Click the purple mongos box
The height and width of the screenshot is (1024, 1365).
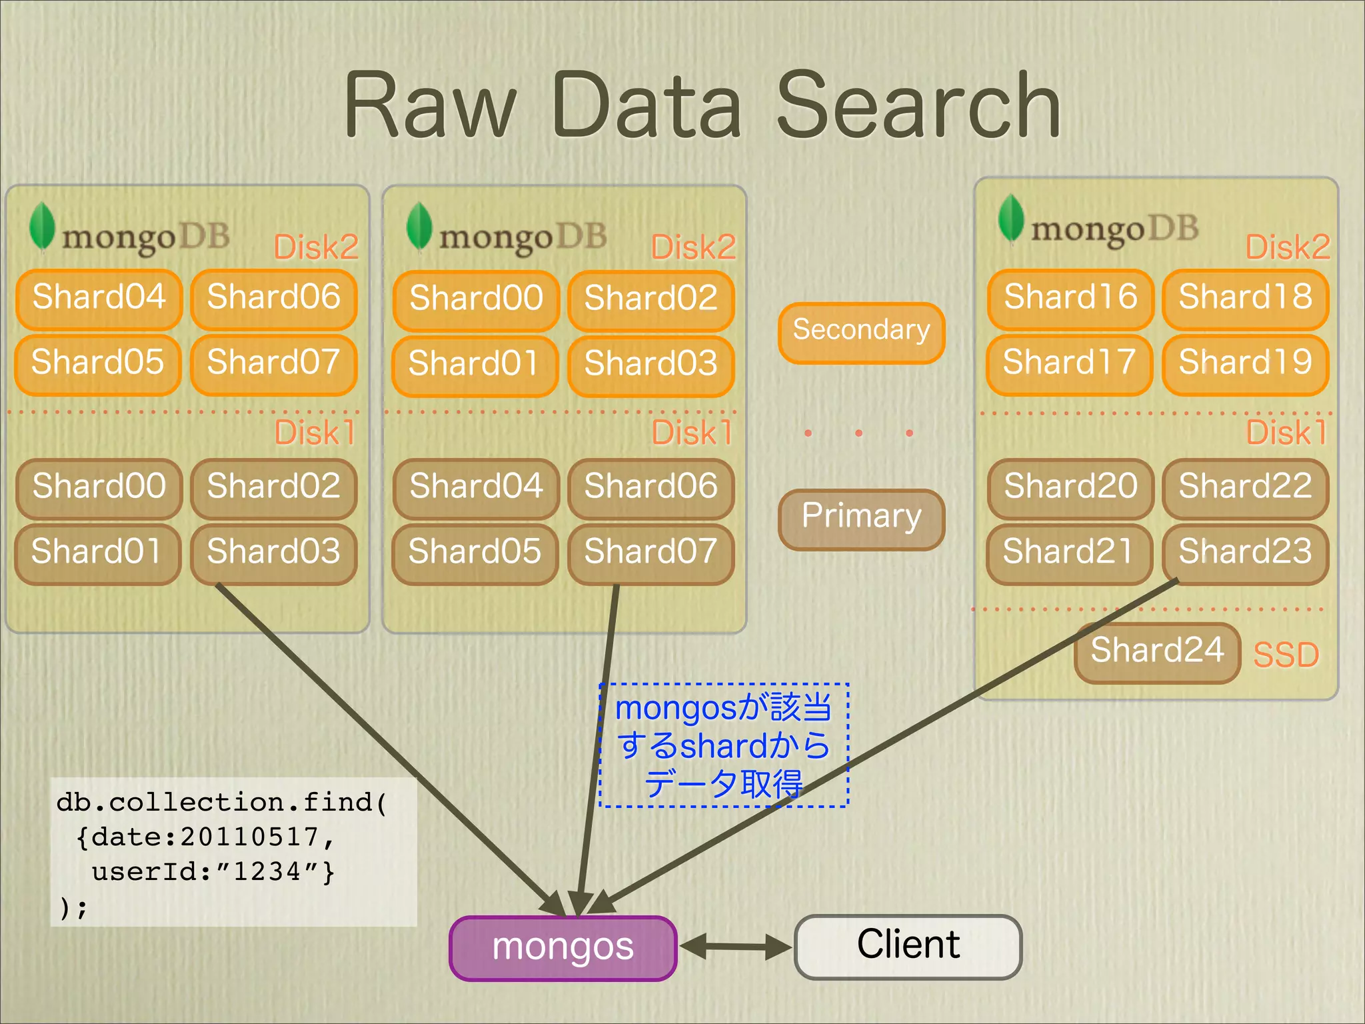pyautogui.click(x=563, y=947)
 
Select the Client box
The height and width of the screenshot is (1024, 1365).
pyautogui.click(x=908, y=946)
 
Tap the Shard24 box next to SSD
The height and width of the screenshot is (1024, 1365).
pyautogui.click(x=1157, y=651)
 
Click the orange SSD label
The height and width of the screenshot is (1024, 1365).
pyautogui.click(x=1286, y=655)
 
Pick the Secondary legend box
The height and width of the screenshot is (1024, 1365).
pyautogui.click(x=861, y=331)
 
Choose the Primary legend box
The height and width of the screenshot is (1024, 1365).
pyautogui.click(x=861, y=518)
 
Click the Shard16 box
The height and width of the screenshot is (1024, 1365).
pyautogui.click(x=1070, y=298)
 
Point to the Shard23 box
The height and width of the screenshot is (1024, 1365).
pyautogui.click(x=1245, y=553)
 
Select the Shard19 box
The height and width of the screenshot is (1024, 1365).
pyautogui.click(x=1245, y=363)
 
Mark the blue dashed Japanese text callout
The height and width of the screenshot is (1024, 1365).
pyautogui.click(x=724, y=745)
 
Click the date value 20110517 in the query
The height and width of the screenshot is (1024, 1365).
pyautogui.click(x=250, y=837)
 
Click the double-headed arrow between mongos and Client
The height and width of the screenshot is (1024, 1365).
pyautogui.click(x=736, y=947)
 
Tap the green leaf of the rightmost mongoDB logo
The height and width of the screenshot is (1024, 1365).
pyautogui.click(x=1011, y=217)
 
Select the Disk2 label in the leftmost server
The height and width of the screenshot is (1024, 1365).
pyautogui.click(x=316, y=247)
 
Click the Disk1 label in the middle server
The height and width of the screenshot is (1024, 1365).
pyautogui.click(x=692, y=433)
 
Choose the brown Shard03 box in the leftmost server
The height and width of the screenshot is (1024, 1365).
pyautogui.click(x=273, y=553)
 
